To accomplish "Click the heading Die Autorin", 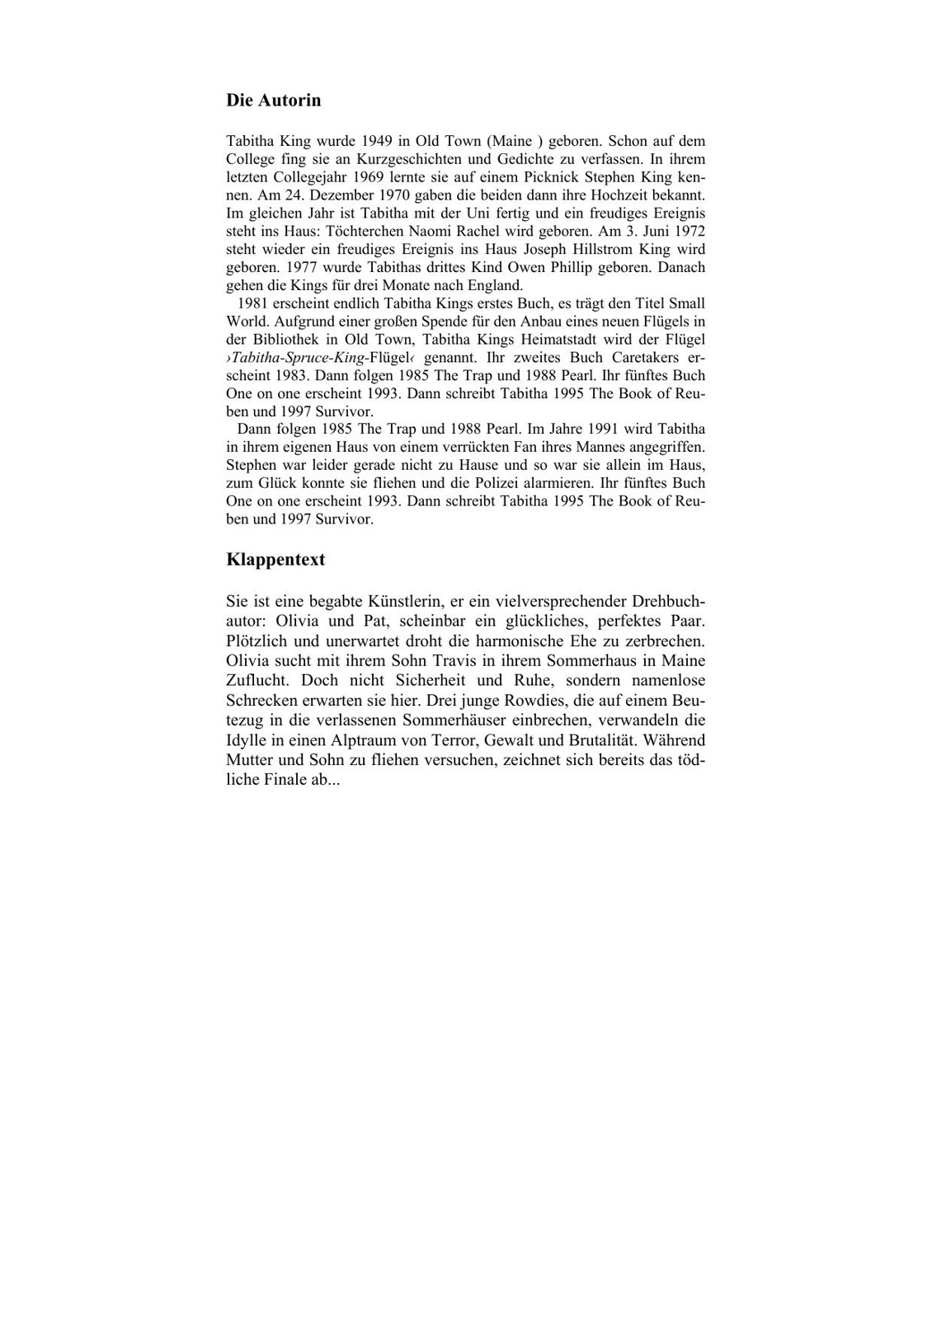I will coord(273,101).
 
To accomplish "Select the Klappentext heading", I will coord(275,560).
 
